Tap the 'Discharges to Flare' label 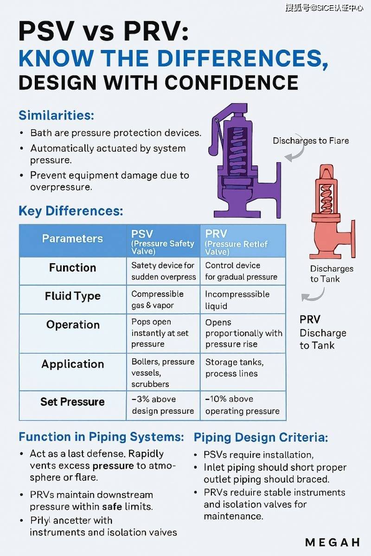pyautogui.click(x=311, y=140)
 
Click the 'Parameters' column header pyautogui.click(x=72, y=239)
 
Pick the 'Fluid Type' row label pyautogui.click(x=72, y=296)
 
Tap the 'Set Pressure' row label pyautogui.click(x=72, y=402)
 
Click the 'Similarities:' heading pyautogui.click(x=56, y=115)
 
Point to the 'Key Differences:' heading pyautogui.click(x=70, y=211)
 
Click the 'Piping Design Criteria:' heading pyautogui.click(x=261, y=437)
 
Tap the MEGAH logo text pyautogui.click(x=333, y=542)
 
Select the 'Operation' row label pyautogui.click(x=72, y=325)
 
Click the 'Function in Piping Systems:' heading pyautogui.click(x=101, y=437)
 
